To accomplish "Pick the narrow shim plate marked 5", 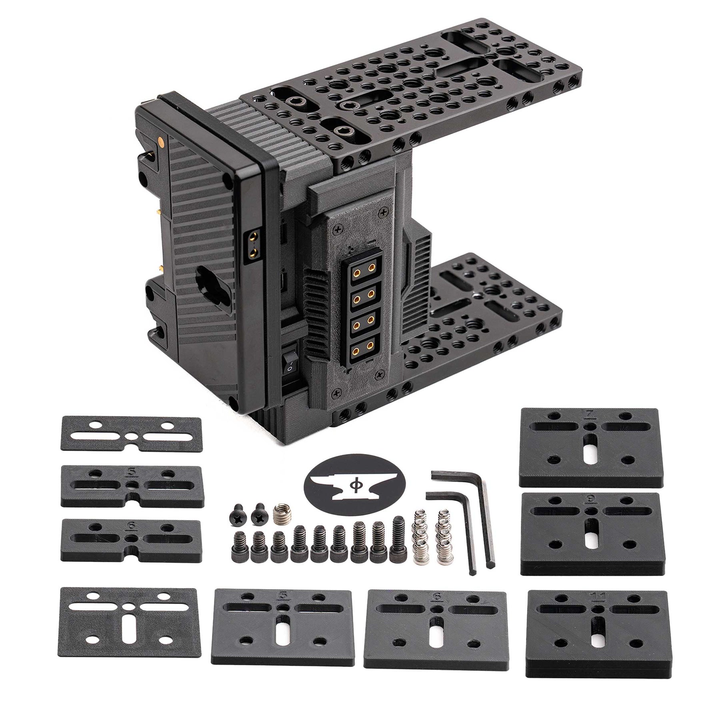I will click(x=132, y=485).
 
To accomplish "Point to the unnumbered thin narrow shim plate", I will click(x=131, y=434).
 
